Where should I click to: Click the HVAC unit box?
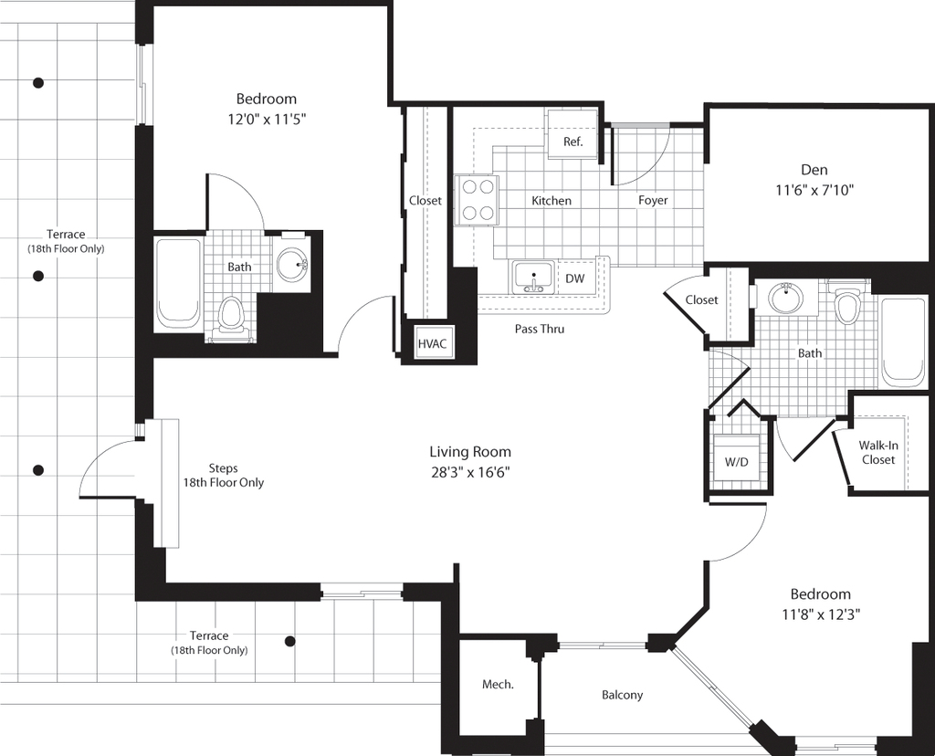432,343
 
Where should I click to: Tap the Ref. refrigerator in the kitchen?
573,135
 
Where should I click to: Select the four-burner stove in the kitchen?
477,200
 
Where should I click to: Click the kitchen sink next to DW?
533,278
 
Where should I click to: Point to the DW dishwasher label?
575,278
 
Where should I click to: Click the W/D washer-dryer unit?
737,458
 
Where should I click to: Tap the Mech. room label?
498,685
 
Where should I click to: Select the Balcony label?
622,695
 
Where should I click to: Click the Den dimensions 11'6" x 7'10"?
814,190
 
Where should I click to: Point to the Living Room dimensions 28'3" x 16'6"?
470,473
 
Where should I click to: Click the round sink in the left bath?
292,263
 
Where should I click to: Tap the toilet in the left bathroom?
230,318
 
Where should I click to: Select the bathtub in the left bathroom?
177,284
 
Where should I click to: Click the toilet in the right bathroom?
846,303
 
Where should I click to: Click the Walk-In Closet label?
877,453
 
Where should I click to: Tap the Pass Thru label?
540,329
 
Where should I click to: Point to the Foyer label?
653,201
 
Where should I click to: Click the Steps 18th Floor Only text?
223,476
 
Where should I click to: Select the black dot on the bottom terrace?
290,642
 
